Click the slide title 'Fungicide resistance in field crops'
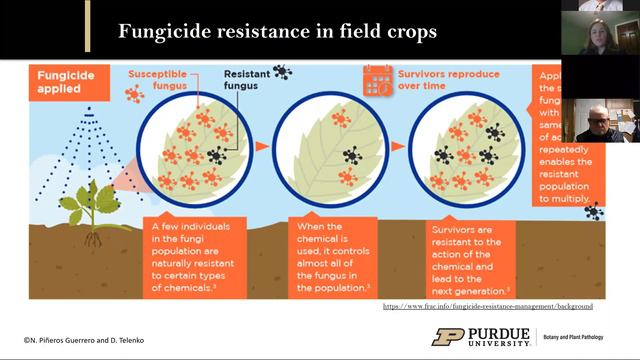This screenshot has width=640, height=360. (277, 31)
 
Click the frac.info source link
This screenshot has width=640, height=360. (488, 305)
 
